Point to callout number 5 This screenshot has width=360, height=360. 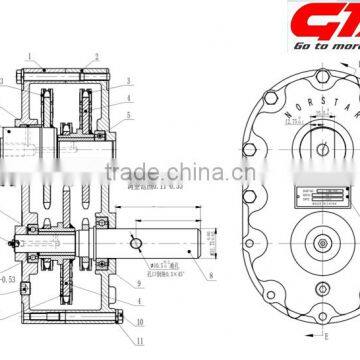click(128, 115)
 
